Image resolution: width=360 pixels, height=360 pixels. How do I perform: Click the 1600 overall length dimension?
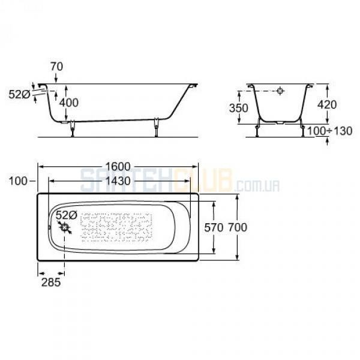(x=118, y=167)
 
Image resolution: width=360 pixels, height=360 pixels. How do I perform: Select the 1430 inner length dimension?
(x=118, y=181)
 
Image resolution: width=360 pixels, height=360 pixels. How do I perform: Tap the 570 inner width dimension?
(x=214, y=227)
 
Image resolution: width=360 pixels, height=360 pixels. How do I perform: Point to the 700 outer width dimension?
(x=238, y=227)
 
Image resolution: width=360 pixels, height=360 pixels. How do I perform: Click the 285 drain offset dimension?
(x=51, y=282)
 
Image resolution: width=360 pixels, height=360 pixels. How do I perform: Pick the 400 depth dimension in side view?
(x=69, y=103)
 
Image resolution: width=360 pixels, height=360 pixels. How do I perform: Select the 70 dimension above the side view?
(x=56, y=67)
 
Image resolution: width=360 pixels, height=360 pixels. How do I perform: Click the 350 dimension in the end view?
(x=239, y=108)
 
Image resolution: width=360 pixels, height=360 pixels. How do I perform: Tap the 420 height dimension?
(x=327, y=104)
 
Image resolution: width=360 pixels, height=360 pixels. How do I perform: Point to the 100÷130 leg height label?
(x=329, y=131)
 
